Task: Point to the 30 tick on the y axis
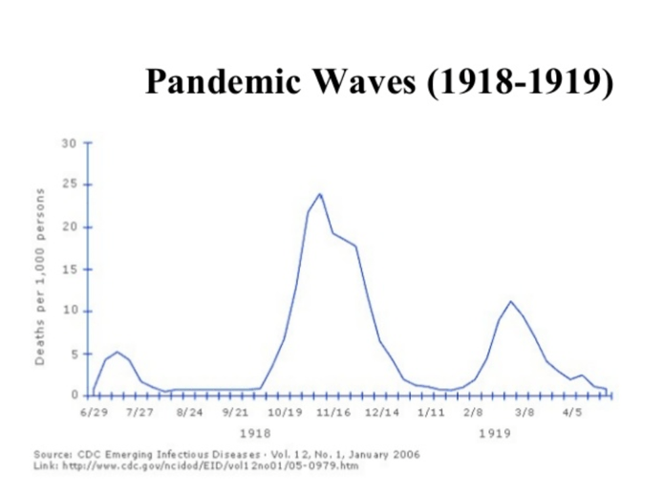click(69, 144)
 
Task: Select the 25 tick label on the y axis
click(69, 185)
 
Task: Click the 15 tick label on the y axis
click(69, 270)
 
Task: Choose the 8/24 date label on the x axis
click(189, 413)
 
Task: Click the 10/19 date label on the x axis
click(285, 413)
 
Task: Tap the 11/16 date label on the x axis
click(334, 413)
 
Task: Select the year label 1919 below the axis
click(494, 433)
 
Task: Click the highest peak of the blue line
click(319, 194)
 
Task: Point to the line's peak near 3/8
click(511, 302)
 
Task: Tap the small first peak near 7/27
click(117, 352)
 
